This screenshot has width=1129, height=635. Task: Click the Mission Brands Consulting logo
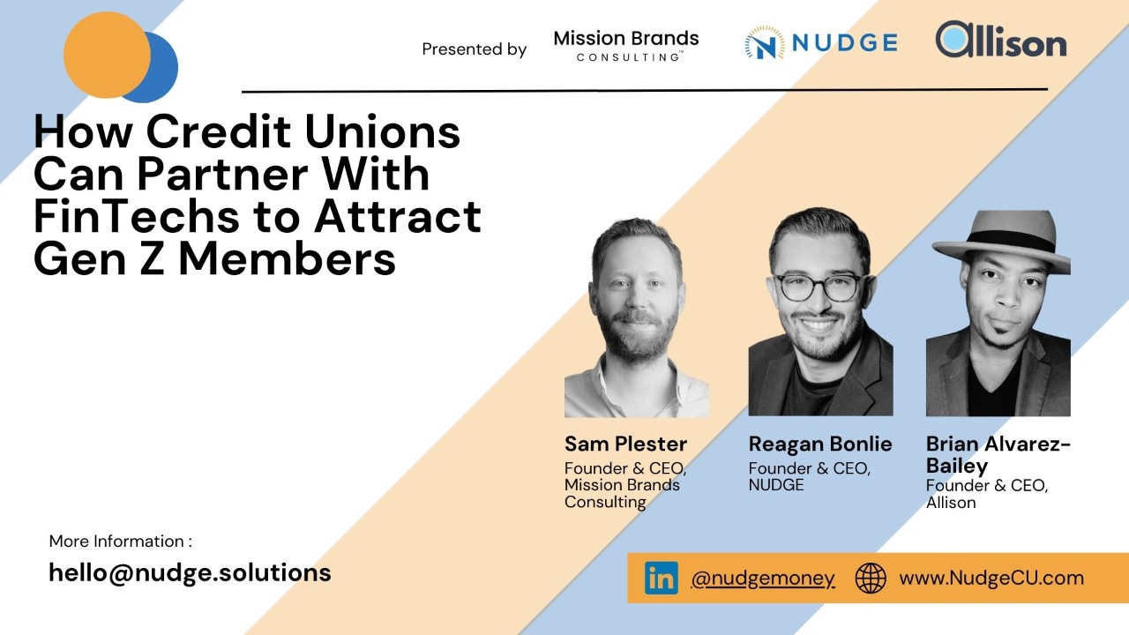coord(626,46)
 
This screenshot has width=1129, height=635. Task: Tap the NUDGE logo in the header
coord(820,42)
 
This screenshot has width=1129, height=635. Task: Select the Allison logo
coord(1001,41)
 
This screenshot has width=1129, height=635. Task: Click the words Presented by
coord(474,49)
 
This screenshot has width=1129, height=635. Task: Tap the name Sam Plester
coord(625,444)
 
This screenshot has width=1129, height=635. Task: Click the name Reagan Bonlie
coord(820,444)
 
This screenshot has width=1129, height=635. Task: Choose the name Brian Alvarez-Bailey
coord(998,454)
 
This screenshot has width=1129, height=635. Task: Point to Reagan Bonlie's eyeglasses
coord(818,288)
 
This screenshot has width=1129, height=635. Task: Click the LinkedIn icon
coord(661,579)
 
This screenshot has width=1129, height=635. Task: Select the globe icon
coord(871,579)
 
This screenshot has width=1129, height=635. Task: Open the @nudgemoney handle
coord(763,579)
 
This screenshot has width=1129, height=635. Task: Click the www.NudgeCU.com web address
coord(991,579)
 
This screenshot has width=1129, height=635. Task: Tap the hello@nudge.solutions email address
coord(190,572)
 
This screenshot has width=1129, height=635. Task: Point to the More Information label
coord(120,542)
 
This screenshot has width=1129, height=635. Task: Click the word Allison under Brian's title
coord(951,503)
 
